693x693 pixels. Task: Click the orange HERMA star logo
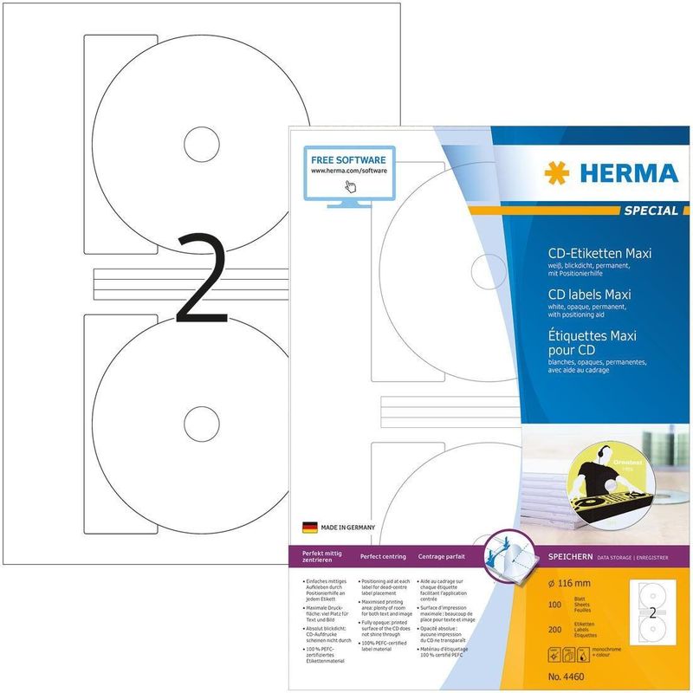[557, 172]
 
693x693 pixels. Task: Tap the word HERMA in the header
[625, 172]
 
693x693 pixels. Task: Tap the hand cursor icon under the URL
[350, 187]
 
